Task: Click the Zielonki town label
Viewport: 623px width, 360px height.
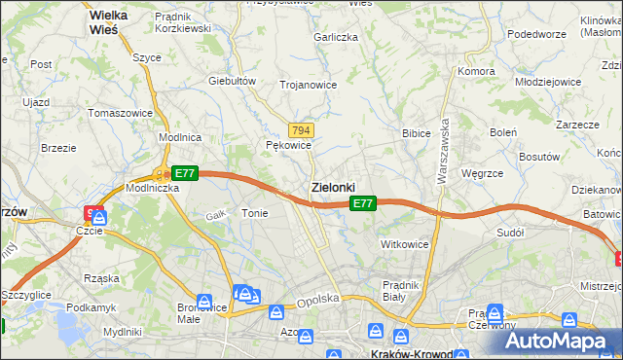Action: pyautogui.click(x=332, y=187)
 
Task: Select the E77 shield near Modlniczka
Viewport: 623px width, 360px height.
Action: pyautogui.click(x=185, y=173)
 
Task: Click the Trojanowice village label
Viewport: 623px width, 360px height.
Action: pyautogui.click(x=308, y=85)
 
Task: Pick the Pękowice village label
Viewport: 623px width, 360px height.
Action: pyautogui.click(x=288, y=145)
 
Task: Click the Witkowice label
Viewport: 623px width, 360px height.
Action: pyautogui.click(x=405, y=244)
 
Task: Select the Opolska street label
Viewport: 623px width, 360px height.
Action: pyautogui.click(x=317, y=301)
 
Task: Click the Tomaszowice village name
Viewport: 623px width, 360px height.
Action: pyautogui.click(x=121, y=113)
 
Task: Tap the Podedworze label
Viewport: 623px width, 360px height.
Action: pyautogui.click(x=536, y=34)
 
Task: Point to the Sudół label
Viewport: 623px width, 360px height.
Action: pyautogui.click(x=510, y=234)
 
